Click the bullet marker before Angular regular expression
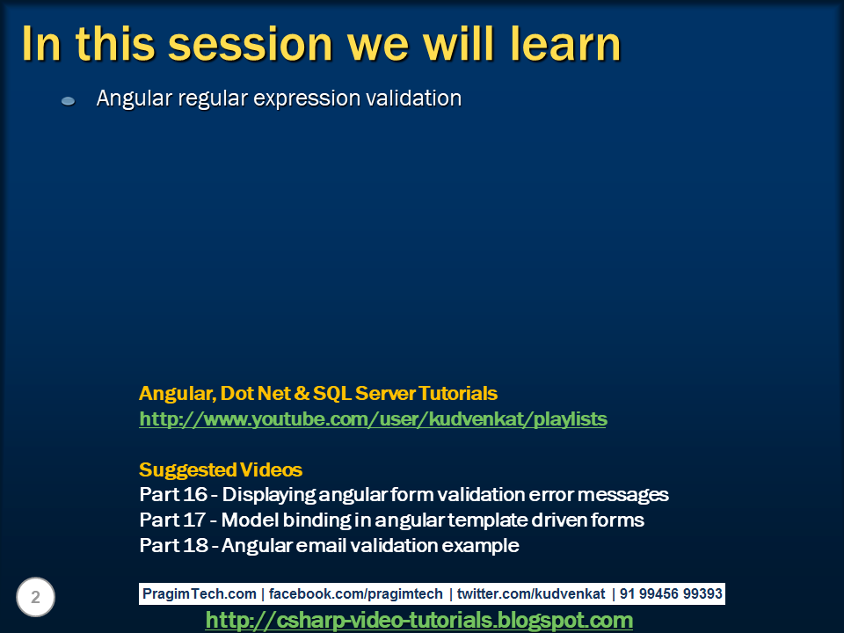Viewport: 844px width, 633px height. coord(68,101)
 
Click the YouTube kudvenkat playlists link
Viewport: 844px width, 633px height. coord(373,419)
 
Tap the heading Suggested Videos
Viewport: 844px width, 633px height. coord(220,469)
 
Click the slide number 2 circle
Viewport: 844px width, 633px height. coord(35,598)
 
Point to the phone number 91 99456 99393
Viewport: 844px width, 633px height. coord(671,594)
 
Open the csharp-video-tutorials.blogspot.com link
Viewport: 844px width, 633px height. coord(418,621)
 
